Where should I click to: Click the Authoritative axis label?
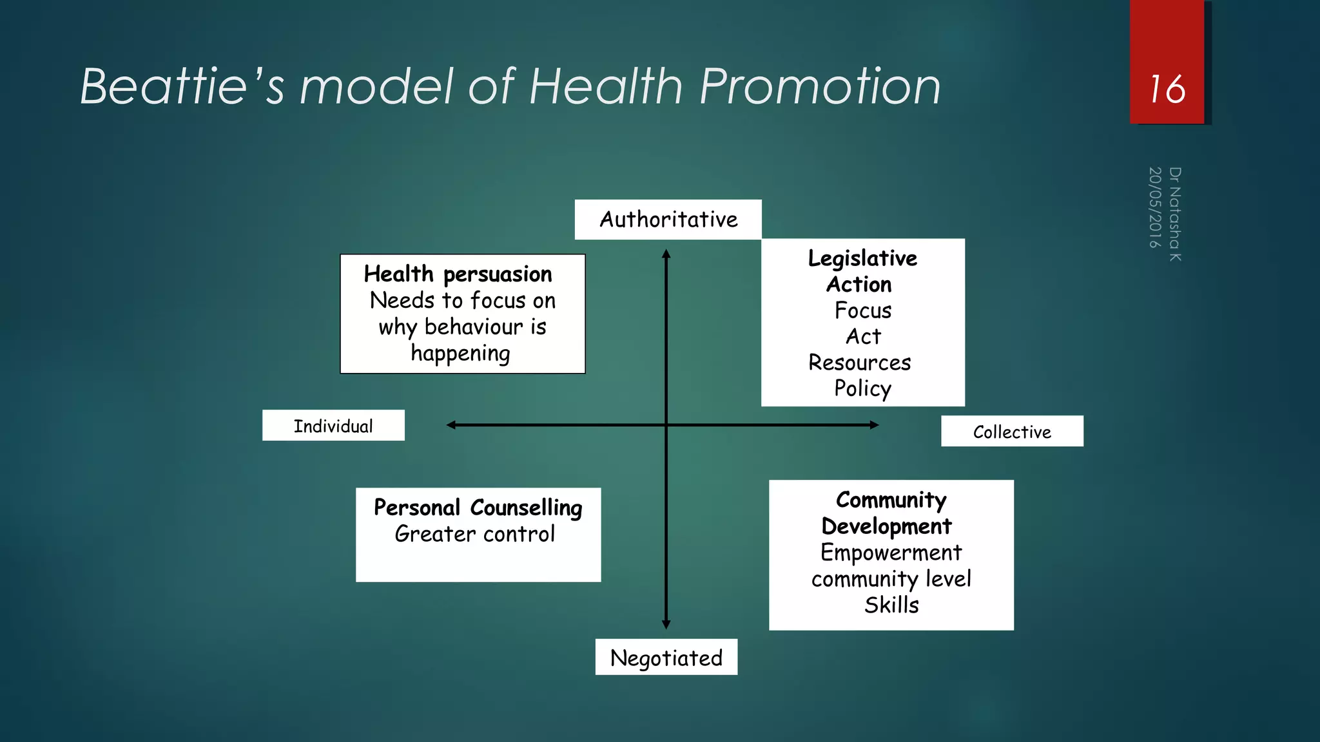tap(668, 220)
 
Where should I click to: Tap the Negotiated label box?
tap(666, 658)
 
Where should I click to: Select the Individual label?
tap(333, 426)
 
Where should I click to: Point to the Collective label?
tap(1012, 432)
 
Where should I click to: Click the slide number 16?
tap(1167, 89)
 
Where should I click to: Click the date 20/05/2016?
tap(1155, 207)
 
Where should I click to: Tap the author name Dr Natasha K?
tap(1175, 214)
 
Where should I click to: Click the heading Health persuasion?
tap(458, 274)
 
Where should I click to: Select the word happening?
tap(460, 353)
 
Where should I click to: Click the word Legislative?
tap(862, 258)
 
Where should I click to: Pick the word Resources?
tap(860, 363)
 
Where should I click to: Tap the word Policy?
tap(862, 388)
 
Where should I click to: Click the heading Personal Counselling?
tap(478, 508)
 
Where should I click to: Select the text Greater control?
tap(474, 534)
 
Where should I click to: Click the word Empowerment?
tap(891, 553)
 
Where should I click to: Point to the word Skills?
tap(891, 605)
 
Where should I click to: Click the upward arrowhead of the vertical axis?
tap(666, 254)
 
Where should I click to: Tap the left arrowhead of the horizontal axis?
tap(451, 425)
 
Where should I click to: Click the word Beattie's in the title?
tap(182, 86)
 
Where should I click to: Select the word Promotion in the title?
tap(820, 86)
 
